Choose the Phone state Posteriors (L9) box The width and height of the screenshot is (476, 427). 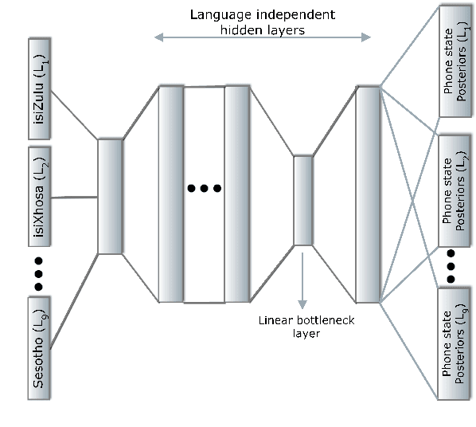455,343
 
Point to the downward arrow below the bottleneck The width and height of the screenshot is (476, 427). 302,279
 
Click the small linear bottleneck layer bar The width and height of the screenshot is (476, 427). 302,200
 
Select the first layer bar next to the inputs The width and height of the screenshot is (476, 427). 110,197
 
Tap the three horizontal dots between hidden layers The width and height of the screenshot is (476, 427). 204,189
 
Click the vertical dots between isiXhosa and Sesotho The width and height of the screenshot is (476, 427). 38,273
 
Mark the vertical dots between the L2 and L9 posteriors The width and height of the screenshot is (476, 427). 451,266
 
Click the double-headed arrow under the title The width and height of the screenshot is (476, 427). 262,37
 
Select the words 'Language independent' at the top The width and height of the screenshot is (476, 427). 262,14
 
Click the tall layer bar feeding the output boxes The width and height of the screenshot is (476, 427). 368,194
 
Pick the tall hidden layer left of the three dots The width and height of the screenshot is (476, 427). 171,194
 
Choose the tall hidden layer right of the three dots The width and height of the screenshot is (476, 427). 237,194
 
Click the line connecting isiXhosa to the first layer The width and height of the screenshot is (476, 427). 82,197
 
